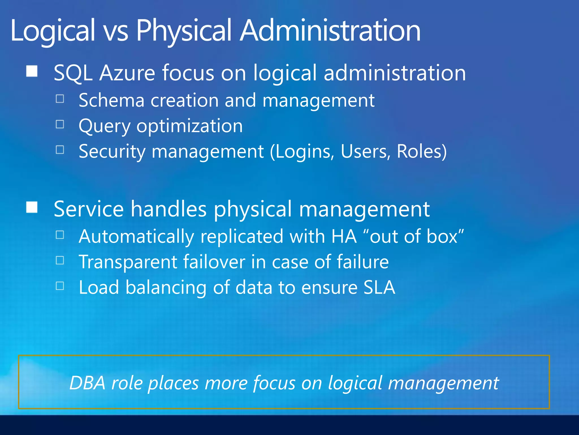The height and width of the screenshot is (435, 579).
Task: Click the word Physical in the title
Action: [x=184, y=31]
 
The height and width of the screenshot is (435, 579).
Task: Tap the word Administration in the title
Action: [x=330, y=31]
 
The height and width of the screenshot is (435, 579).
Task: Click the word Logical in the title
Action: [x=53, y=31]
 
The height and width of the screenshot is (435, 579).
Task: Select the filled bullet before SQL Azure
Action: [x=32, y=71]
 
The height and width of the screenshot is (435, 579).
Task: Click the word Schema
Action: [x=111, y=100]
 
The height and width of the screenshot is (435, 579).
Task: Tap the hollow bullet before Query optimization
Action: [x=60, y=124]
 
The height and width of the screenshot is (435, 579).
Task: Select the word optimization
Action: [x=189, y=126]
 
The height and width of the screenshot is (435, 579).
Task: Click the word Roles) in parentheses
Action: [x=422, y=151]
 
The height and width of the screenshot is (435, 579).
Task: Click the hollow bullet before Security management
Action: [x=60, y=150]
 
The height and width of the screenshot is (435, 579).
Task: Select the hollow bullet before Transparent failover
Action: [x=60, y=260]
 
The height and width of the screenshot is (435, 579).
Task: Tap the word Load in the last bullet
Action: [x=99, y=287]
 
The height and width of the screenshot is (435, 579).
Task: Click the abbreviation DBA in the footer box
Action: [x=87, y=383]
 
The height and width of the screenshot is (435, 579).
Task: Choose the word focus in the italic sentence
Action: [x=274, y=383]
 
